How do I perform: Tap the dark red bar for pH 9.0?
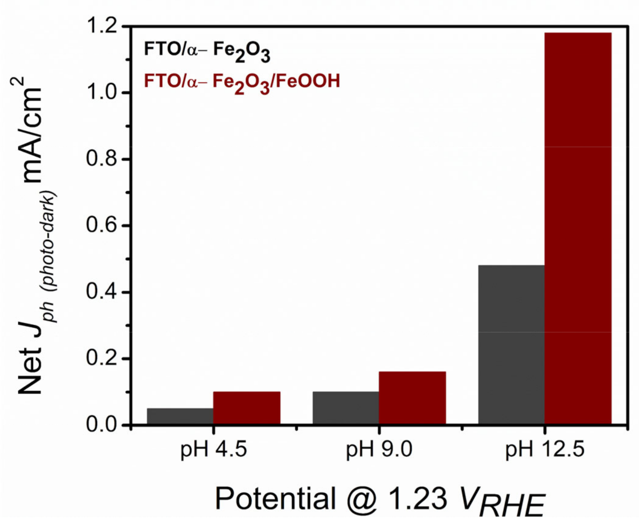[x=412, y=398]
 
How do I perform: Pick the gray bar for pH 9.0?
[x=346, y=408]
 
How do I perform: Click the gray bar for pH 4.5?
[x=180, y=416]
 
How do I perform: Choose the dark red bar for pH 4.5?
[x=246, y=408]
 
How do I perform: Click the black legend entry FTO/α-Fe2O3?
[x=207, y=51]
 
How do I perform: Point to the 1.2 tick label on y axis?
[x=103, y=27]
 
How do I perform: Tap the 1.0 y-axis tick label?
[x=103, y=93]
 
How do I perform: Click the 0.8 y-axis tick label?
[x=103, y=159]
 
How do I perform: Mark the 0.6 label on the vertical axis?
[x=103, y=225]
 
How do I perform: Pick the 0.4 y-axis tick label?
[x=103, y=292]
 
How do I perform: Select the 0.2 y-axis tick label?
[x=103, y=358]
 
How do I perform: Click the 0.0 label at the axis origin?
[x=103, y=425]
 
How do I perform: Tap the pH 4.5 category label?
[x=213, y=450]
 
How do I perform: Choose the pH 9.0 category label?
[x=379, y=450]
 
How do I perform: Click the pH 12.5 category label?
[x=545, y=450]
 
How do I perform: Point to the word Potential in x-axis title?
[x=275, y=499]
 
